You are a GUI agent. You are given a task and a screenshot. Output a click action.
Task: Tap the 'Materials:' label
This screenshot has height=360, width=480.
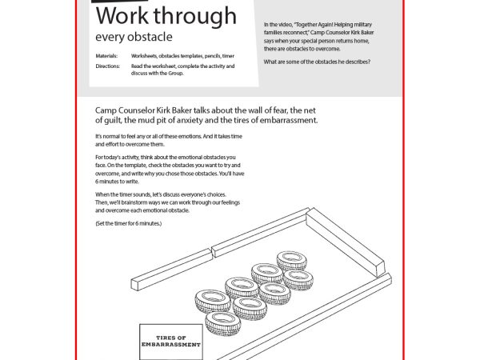tap(106, 56)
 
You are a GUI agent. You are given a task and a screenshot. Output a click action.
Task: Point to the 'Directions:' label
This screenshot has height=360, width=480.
tap(107, 66)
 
